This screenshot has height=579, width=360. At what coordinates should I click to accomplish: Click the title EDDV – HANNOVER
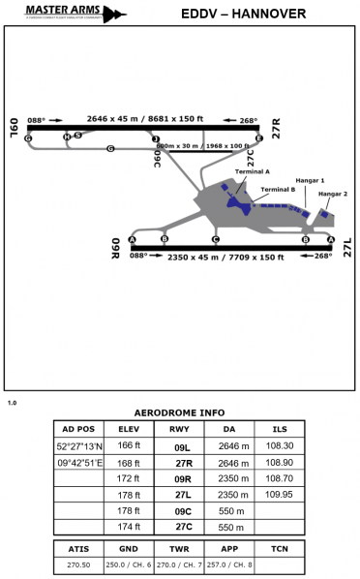pos(244,15)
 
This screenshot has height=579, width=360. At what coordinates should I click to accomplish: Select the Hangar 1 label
pos(310,180)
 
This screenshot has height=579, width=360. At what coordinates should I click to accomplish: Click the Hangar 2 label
pos(332,194)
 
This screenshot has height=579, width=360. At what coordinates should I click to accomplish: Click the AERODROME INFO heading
pos(178,412)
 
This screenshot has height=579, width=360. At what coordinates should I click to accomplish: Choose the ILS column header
pos(280,429)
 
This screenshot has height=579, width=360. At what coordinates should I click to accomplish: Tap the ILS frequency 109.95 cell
pos(280,494)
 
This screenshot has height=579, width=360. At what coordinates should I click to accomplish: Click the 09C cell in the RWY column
pos(180,510)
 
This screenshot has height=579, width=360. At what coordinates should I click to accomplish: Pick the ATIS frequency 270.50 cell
pos(78,564)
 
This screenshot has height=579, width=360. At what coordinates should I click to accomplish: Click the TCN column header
pos(280,547)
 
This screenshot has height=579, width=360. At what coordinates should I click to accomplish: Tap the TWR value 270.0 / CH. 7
pos(179,564)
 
